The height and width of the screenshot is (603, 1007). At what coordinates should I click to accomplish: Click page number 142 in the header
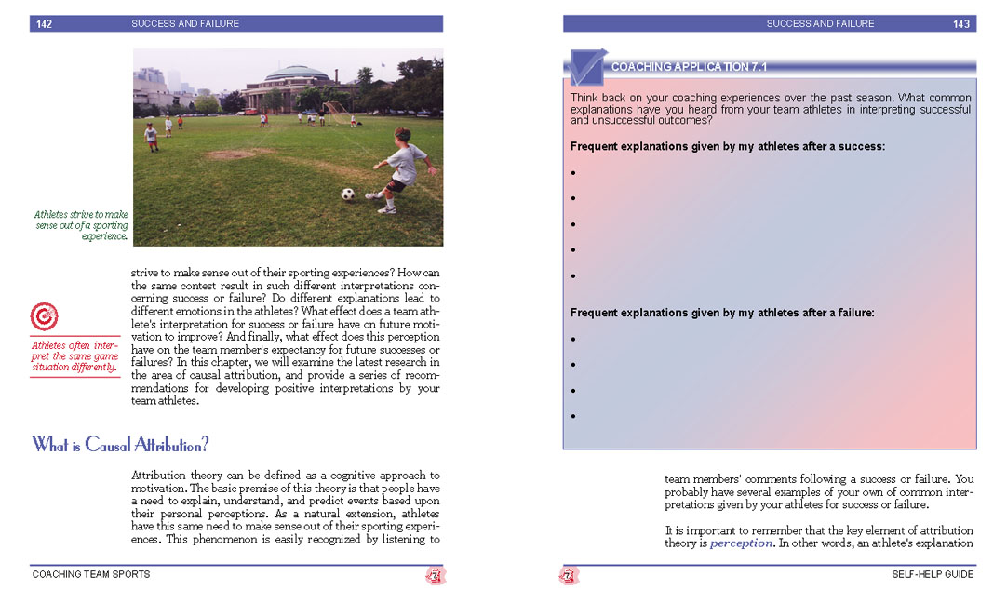coord(44,24)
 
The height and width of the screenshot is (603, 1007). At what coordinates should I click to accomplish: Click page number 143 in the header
coord(961,24)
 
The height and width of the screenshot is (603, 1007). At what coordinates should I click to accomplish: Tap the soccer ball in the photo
coord(348,194)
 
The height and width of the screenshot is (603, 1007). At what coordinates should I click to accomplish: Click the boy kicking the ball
coord(402,169)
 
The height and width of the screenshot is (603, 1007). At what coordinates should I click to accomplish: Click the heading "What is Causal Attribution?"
coord(121,445)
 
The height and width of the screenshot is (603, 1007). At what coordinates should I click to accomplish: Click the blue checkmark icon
coord(586,67)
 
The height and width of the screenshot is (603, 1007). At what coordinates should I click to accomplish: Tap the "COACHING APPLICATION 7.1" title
coord(689,67)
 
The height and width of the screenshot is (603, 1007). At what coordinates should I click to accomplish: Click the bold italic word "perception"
coord(741,543)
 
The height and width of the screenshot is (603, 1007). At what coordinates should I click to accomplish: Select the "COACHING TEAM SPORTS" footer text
coord(91,574)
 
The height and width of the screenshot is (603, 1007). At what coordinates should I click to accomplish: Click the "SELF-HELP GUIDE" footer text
coord(933,574)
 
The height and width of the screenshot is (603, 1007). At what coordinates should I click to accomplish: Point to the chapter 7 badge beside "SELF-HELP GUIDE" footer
coord(569,576)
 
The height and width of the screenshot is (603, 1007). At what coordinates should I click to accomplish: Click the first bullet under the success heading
coord(573,173)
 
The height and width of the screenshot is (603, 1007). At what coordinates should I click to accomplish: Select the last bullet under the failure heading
coord(573,417)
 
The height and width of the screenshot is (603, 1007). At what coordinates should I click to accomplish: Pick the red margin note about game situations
coord(74,356)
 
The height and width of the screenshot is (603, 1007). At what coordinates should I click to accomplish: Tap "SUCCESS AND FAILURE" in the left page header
coord(185,24)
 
